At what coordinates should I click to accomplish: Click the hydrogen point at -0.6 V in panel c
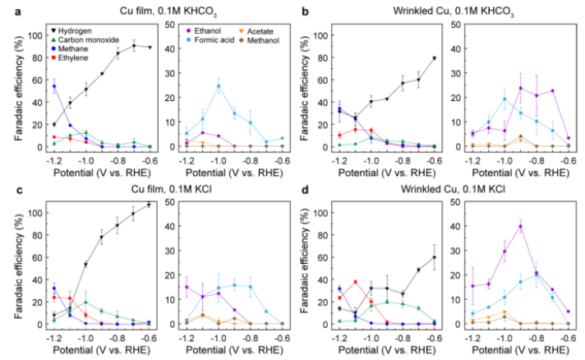pyautogui.click(x=150, y=205)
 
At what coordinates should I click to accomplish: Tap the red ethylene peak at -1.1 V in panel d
pyautogui.click(x=355, y=282)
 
